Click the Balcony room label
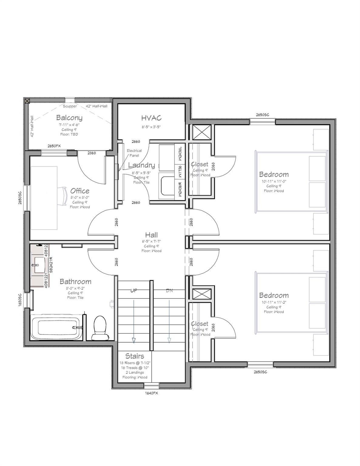(x=69, y=118)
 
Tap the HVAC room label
(x=151, y=118)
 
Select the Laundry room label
(x=141, y=165)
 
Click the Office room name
(x=80, y=191)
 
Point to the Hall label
(x=151, y=235)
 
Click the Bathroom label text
(x=75, y=282)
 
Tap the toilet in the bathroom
(x=99, y=327)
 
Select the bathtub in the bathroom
(x=56, y=328)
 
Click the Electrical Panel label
(x=134, y=153)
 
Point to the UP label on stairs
(x=134, y=290)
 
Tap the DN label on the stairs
(x=169, y=290)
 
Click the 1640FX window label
(x=151, y=393)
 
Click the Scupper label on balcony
(x=70, y=106)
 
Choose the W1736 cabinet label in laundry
(x=180, y=171)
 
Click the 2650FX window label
(x=54, y=146)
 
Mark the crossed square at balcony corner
(x=27, y=101)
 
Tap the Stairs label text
(x=134, y=356)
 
